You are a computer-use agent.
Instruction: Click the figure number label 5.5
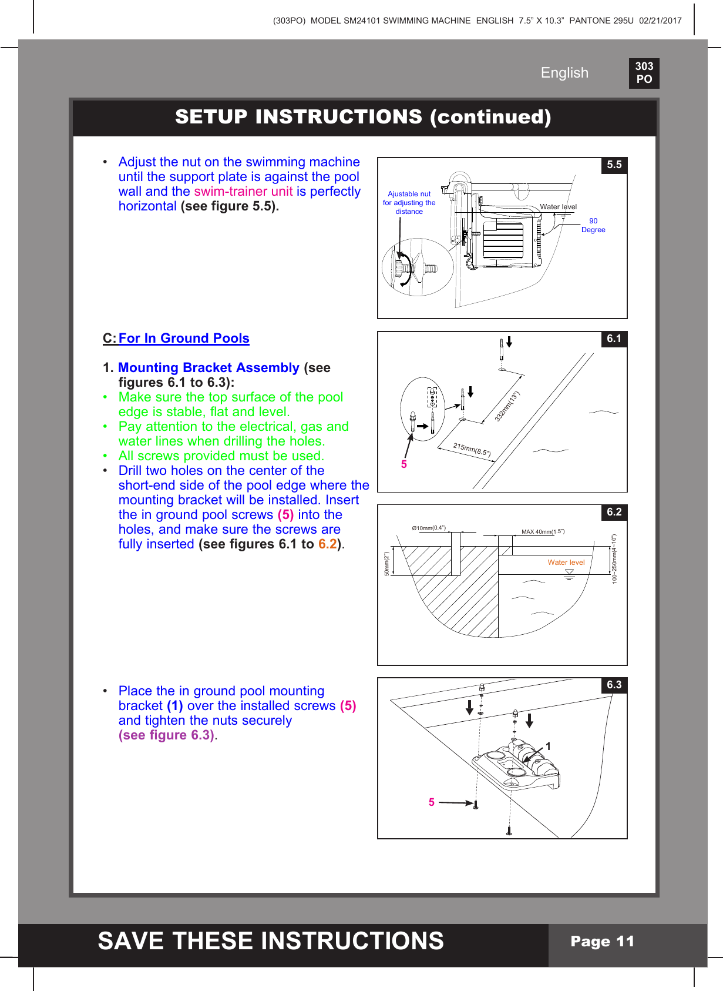click(x=614, y=165)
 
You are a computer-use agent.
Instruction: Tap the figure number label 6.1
click(x=614, y=339)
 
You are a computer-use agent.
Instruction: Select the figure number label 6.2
click(x=614, y=512)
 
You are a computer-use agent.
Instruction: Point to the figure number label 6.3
click(x=614, y=685)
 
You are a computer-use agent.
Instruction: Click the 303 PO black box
click(x=644, y=73)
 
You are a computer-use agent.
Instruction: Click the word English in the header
click(x=564, y=73)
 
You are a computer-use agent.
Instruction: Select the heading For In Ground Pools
click(x=184, y=339)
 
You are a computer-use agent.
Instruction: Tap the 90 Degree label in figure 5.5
click(x=593, y=226)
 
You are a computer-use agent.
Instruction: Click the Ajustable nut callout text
click(x=409, y=203)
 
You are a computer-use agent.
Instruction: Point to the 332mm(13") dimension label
click(x=507, y=407)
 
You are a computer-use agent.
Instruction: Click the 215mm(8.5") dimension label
click(x=472, y=450)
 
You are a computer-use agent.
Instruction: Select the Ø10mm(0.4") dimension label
click(x=429, y=528)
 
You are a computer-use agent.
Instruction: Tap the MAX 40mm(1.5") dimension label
click(x=543, y=532)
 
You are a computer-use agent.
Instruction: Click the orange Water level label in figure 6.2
click(x=566, y=563)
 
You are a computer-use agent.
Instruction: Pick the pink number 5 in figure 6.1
click(x=404, y=464)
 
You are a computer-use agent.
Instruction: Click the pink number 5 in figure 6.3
click(x=432, y=802)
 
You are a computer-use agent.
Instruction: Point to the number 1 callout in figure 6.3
click(x=548, y=746)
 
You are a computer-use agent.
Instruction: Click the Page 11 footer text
click(x=603, y=942)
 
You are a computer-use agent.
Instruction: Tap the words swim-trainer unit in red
click(x=243, y=192)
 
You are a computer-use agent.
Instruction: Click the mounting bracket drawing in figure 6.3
click(x=517, y=767)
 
